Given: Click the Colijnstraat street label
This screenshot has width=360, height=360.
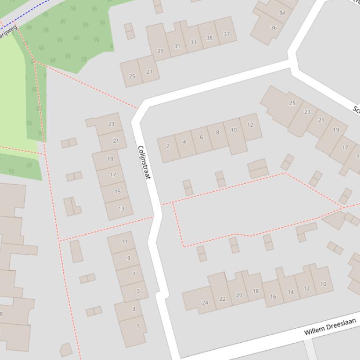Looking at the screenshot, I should pyautogui.click(x=144, y=162).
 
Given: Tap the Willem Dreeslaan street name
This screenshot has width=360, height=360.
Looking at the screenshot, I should pyautogui.click(x=330, y=326).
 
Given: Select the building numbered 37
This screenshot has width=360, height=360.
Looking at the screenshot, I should pyautogui.click(x=227, y=34).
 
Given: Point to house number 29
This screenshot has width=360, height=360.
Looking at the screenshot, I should pyautogui.click(x=161, y=50).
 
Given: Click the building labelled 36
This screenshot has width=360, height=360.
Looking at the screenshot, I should pyautogui.click(x=273, y=28).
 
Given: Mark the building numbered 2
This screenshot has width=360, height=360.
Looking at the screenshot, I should pyautogui.click(x=168, y=146).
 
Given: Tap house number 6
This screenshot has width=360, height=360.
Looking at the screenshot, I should pyautogui.click(x=201, y=137).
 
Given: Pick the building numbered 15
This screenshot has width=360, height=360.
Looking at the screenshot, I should pyautogui.click(x=117, y=191).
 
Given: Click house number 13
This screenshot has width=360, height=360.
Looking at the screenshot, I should pyautogui.click(x=121, y=209).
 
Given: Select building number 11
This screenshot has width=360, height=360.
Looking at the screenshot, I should pyautogui.click(x=124, y=242).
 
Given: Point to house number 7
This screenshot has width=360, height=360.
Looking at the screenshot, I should pyautogui.click(x=134, y=274).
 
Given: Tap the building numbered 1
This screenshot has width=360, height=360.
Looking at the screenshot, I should pyautogui.click(x=138, y=326).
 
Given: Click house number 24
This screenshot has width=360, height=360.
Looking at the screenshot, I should pyautogui.click(x=205, y=302).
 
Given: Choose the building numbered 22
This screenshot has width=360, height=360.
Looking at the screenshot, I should pyautogui.click(x=222, y=299).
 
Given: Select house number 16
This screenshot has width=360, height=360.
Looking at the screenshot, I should pyautogui.click(x=273, y=296).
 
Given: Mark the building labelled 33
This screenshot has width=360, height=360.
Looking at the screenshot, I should pyautogui.click(x=193, y=42).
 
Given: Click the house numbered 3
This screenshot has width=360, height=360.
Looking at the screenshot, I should pyautogui.click(x=133, y=309).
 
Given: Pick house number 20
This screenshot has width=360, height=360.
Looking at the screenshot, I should pyautogui.click(x=239, y=295).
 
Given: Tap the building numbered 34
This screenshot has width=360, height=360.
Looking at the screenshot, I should pyautogui.click(x=282, y=13).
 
